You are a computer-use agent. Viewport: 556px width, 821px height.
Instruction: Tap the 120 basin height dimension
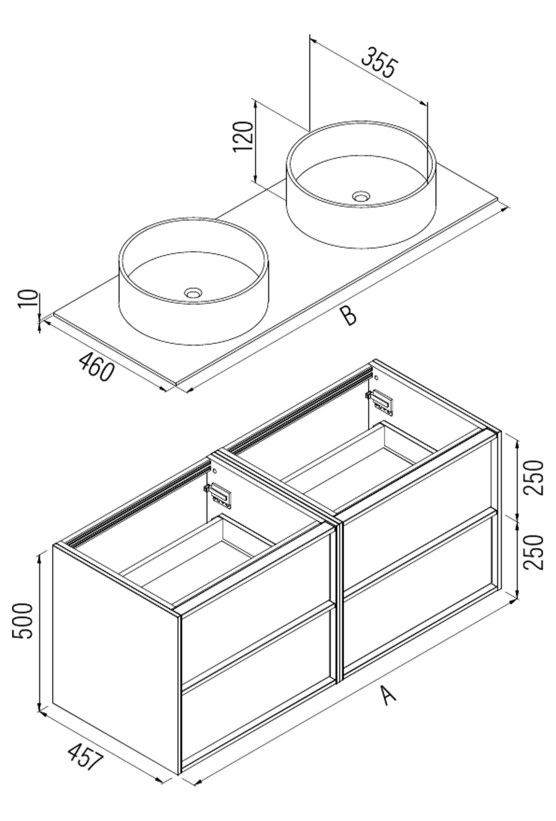coord(243,137)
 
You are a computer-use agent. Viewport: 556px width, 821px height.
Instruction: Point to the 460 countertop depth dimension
coord(95,366)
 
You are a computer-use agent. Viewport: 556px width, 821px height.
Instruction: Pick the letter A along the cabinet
coord(388,694)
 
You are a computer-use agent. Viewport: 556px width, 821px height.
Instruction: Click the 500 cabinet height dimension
coord(23,622)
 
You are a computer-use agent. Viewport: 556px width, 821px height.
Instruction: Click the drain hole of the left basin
coord(193,293)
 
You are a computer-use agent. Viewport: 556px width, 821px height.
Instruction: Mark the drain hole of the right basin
coord(361,196)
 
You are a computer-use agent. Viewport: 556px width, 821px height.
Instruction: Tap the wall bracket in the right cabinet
coord(381,401)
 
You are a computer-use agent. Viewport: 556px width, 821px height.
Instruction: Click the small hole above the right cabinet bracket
coord(376,377)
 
